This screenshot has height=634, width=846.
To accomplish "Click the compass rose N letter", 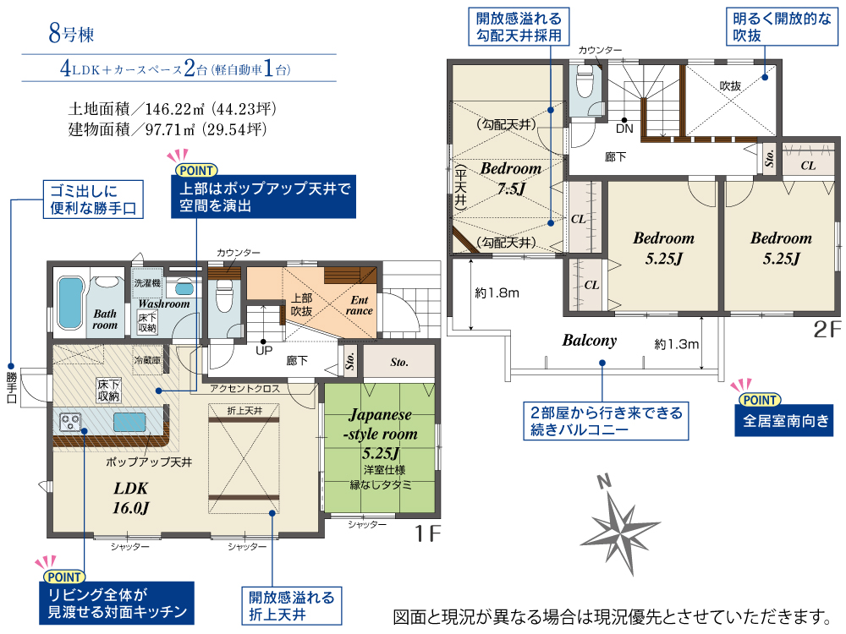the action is coord(604,481).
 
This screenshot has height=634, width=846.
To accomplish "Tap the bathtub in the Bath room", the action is coord(70,303).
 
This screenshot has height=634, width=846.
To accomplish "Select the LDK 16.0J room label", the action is coord(130,498).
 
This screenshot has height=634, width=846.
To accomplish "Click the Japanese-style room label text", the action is coord(381,424).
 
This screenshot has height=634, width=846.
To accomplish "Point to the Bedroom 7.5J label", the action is coord(511,178).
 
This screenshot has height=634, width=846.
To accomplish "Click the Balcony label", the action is coord(589,340).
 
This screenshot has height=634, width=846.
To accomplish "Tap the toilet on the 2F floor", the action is coord(585,81).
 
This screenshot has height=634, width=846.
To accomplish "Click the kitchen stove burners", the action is coord(70,422).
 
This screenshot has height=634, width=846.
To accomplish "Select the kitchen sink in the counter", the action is coord(129,422).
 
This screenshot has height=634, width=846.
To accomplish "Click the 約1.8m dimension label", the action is coord(497,292).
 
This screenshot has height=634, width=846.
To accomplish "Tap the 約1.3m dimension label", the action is coord(677,344).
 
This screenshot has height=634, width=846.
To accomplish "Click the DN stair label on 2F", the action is coord(624,128).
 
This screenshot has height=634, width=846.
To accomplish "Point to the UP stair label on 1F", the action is coord(264,351).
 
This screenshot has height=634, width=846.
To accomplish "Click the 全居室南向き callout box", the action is coord(784,420).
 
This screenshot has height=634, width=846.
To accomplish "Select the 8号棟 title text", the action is coord(71,33).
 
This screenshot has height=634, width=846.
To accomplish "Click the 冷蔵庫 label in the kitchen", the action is coord(147,360).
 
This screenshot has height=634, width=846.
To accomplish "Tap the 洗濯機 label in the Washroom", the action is coord(147,282).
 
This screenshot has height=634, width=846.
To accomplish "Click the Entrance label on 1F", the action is coord(360,305).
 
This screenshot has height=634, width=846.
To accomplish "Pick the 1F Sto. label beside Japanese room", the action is coord(399,363).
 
